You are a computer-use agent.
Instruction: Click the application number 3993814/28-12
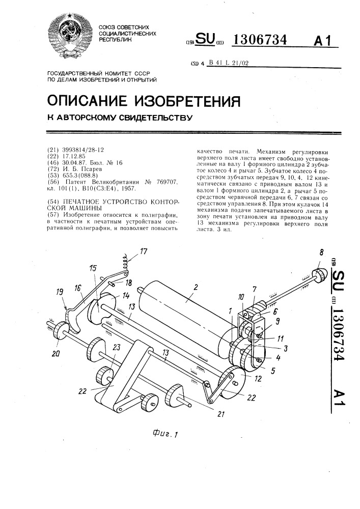(80, 151)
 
